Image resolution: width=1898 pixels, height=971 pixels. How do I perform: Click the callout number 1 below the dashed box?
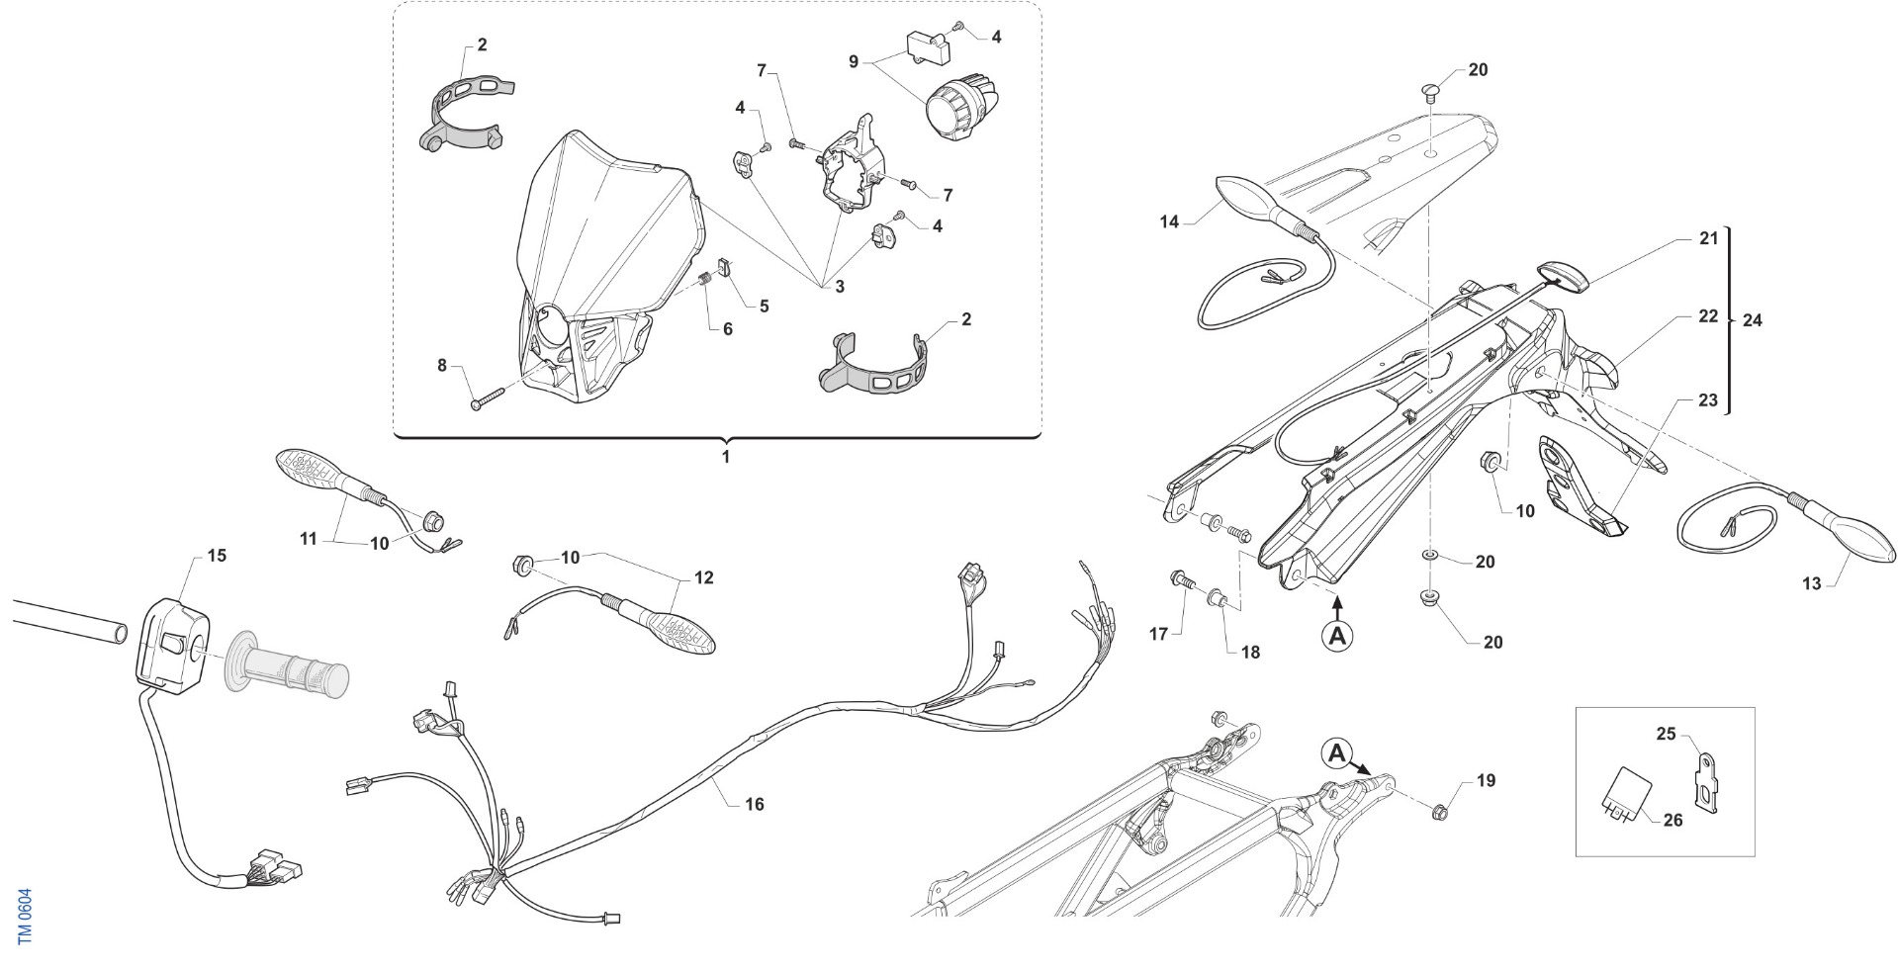point(725,458)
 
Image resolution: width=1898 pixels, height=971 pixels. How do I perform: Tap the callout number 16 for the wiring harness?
point(755,805)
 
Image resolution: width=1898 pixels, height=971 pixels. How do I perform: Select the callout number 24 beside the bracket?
point(1752,320)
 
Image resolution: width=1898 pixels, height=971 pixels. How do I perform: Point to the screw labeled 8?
point(489,397)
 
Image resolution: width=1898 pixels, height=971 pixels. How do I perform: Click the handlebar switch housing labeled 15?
point(174,643)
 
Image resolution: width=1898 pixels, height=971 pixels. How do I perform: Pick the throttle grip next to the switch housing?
point(287,663)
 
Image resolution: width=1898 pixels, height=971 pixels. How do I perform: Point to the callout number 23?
point(1708,401)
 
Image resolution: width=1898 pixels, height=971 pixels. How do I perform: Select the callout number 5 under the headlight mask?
point(764,307)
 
